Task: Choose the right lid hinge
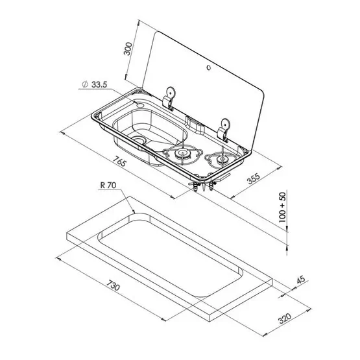[x=225, y=126]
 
